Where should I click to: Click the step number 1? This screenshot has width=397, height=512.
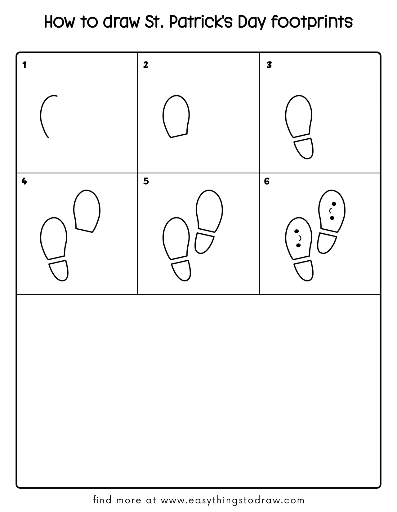(25, 65)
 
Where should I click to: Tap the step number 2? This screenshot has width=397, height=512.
(145, 65)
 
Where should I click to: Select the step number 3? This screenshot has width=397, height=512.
(269, 65)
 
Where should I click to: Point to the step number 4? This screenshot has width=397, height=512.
(24, 181)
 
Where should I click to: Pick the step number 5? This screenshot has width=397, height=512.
(146, 181)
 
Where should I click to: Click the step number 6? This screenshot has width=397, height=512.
(267, 181)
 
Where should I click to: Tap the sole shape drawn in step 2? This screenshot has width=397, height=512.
(176, 116)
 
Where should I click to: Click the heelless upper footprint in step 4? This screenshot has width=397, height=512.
(87, 211)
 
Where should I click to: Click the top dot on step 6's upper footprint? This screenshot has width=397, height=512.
(334, 204)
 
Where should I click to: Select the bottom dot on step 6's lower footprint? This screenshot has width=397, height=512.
(298, 245)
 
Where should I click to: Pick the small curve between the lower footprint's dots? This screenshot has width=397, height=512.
(300, 238)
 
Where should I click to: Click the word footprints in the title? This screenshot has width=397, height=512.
(312, 22)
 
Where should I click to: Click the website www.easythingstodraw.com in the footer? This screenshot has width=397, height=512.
(233, 500)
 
